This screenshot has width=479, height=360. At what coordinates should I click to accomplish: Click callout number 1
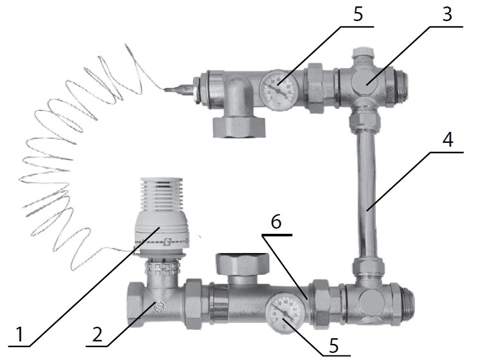pyautogui.click(x=19, y=334)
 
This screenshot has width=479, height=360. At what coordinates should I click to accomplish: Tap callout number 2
pyautogui.click(x=97, y=334)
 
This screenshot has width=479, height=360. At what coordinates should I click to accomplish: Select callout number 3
pyautogui.click(x=447, y=14)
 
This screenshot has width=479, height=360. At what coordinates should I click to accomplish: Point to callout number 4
pyautogui.click(x=448, y=140)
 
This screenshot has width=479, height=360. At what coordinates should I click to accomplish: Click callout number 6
pyautogui.click(x=276, y=222)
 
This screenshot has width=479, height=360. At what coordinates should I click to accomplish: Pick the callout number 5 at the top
pyautogui.click(x=358, y=14)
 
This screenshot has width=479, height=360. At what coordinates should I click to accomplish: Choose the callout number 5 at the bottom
pyautogui.click(x=333, y=345)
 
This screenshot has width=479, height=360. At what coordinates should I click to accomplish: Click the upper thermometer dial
pyautogui.click(x=278, y=90)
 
